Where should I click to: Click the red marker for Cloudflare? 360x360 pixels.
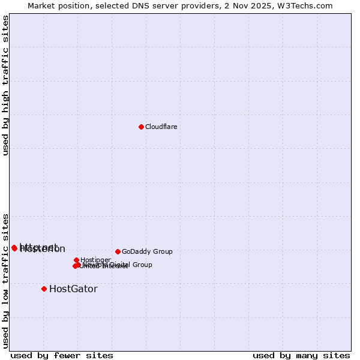[x=141, y=127]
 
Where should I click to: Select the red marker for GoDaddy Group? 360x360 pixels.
[x=118, y=251]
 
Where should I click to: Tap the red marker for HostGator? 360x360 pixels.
[x=44, y=289]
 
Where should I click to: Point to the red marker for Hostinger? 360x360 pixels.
[x=76, y=260]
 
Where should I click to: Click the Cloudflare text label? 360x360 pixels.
[x=161, y=127]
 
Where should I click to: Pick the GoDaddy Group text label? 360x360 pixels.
[x=147, y=251]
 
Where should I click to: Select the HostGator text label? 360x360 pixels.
[x=73, y=289]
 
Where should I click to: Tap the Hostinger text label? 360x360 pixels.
[x=95, y=260]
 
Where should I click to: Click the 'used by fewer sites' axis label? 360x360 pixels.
[x=61, y=356]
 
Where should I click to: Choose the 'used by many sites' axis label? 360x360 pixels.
[x=301, y=356]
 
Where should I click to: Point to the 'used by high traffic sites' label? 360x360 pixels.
[x=5, y=85]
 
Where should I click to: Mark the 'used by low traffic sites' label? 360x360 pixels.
[x=5, y=280]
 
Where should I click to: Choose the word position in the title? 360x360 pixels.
[x=79, y=5]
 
